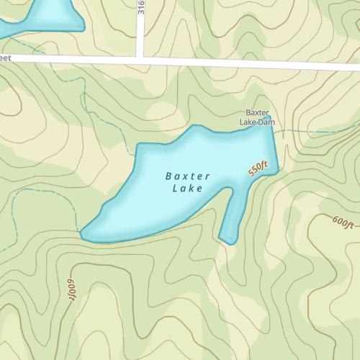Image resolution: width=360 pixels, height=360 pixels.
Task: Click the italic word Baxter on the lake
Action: tap(187, 176)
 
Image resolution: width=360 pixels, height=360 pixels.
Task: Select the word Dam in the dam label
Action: tap(267, 122)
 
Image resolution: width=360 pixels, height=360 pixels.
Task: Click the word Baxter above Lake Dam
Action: tap(257, 113)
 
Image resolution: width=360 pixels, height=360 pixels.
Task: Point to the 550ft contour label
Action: tap(258, 170)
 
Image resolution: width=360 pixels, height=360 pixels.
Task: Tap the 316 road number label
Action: tap(140, 9)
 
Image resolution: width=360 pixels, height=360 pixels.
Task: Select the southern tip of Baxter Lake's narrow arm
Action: tap(230, 242)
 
